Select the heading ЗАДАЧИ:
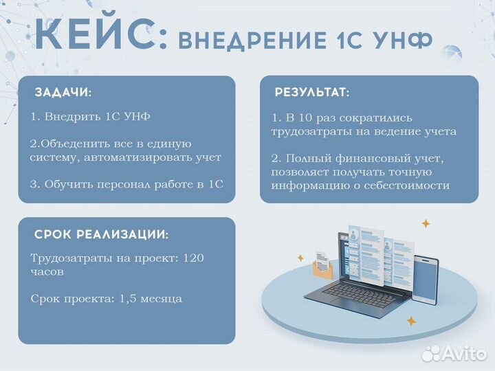click(63, 92)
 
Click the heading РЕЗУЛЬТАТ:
click(311, 92)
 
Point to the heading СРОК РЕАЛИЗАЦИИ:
click(101, 234)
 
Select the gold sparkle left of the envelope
click(300, 258)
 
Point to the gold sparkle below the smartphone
click(411, 320)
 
